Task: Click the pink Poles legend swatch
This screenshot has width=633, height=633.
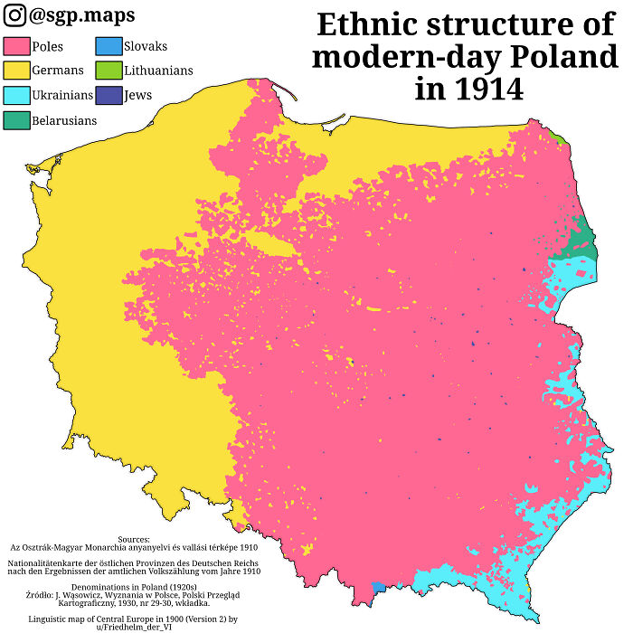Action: (16, 46)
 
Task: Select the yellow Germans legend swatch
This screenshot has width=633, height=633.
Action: (16, 71)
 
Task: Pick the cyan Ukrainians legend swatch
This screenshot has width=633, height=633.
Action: (16, 95)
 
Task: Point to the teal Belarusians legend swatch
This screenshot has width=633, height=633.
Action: (16, 119)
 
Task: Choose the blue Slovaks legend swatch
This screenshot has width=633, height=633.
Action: (107, 46)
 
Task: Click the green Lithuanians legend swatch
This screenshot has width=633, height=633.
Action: (107, 71)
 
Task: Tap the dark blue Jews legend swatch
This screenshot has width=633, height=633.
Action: (107, 95)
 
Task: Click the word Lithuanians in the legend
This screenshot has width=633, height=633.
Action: (158, 71)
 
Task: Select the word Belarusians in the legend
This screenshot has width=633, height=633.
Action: (64, 119)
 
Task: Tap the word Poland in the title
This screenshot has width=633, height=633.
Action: (565, 57)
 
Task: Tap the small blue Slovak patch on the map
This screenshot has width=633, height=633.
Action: (378, 588)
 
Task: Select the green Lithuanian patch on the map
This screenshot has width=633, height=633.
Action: (560, 138)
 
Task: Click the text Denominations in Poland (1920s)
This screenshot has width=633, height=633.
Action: (133, 587)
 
